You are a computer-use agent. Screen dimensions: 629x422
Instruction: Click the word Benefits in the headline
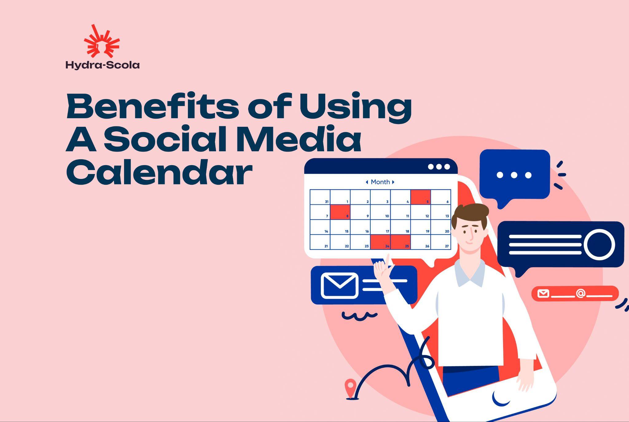click(x=153, y=106)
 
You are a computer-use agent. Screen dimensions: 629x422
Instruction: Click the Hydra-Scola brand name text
click(x=103, y=65)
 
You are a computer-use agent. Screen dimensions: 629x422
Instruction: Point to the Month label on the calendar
click(x=380, y=182)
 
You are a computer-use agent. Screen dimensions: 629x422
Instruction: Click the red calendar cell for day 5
click(x=420, y=197)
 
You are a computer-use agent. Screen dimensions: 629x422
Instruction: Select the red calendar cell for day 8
click(x=340, y=212)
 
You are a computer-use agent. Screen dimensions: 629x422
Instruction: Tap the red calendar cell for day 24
click(x=380, y=242)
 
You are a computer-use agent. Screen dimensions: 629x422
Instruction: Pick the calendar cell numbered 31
click(x=320, y=197)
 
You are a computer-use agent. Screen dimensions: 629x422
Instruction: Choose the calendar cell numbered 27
click(x=441, y=242)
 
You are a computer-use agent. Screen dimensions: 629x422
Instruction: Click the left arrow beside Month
click(x=367, y=182)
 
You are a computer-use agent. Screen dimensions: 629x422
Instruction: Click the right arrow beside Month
click(x=393, y=182)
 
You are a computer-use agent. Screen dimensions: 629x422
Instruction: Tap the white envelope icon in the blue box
click(x=339, y=285)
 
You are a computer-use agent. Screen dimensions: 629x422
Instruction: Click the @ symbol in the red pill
click(x=580, y=294)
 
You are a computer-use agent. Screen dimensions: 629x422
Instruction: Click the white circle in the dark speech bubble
click(x=599, y=245)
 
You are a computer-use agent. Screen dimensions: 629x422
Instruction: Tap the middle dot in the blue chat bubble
click(x=514, y=175)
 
